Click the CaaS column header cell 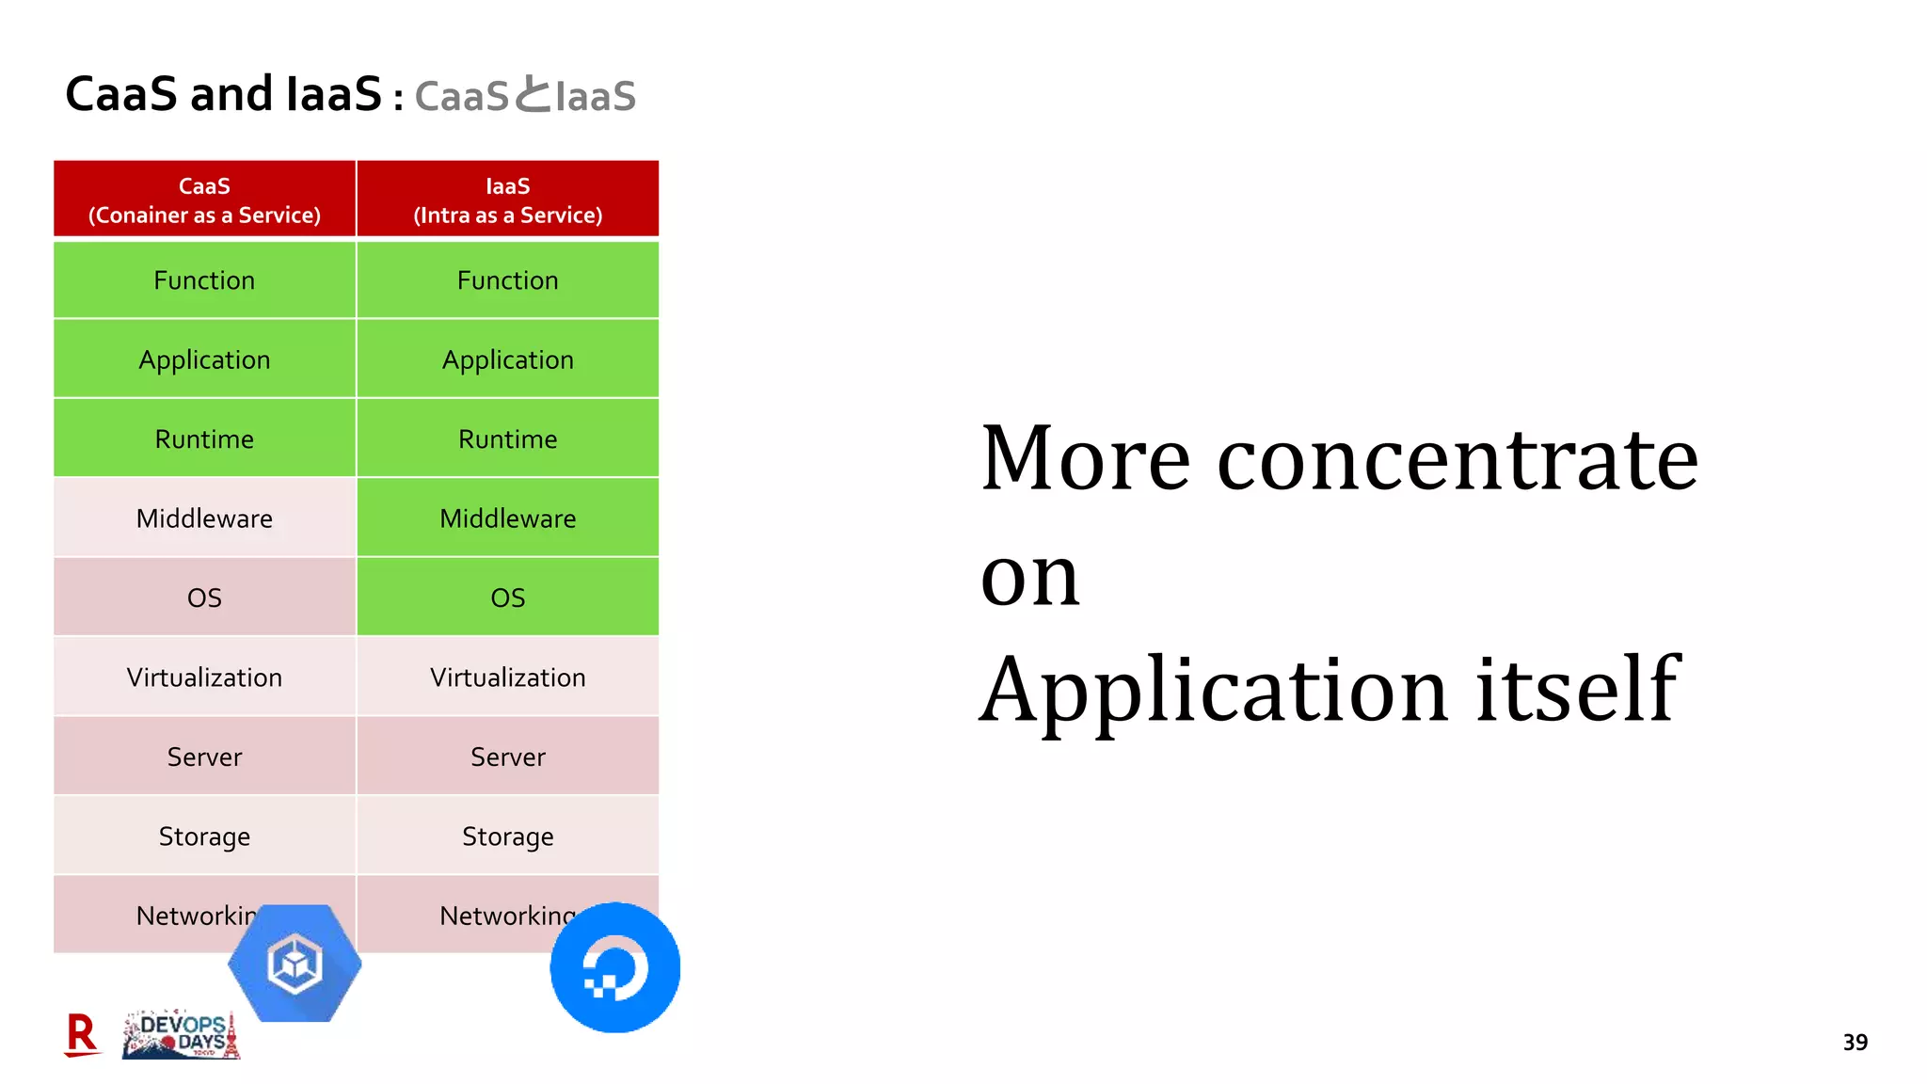204,199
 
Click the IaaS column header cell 507,199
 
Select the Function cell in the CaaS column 204,280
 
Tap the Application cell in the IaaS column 507,359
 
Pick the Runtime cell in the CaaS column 204,439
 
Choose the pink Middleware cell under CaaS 204,518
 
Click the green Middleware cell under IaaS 507,518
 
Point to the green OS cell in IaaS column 507,598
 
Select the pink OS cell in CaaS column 204,598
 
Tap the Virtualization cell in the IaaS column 507,677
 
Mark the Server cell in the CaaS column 204,757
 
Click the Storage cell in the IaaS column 507,837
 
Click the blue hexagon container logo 295,964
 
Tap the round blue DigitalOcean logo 614,967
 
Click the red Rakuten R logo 82,1034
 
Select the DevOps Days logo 182,1036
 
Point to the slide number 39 1855,1043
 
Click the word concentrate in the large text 1457,459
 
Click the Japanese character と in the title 532,95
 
